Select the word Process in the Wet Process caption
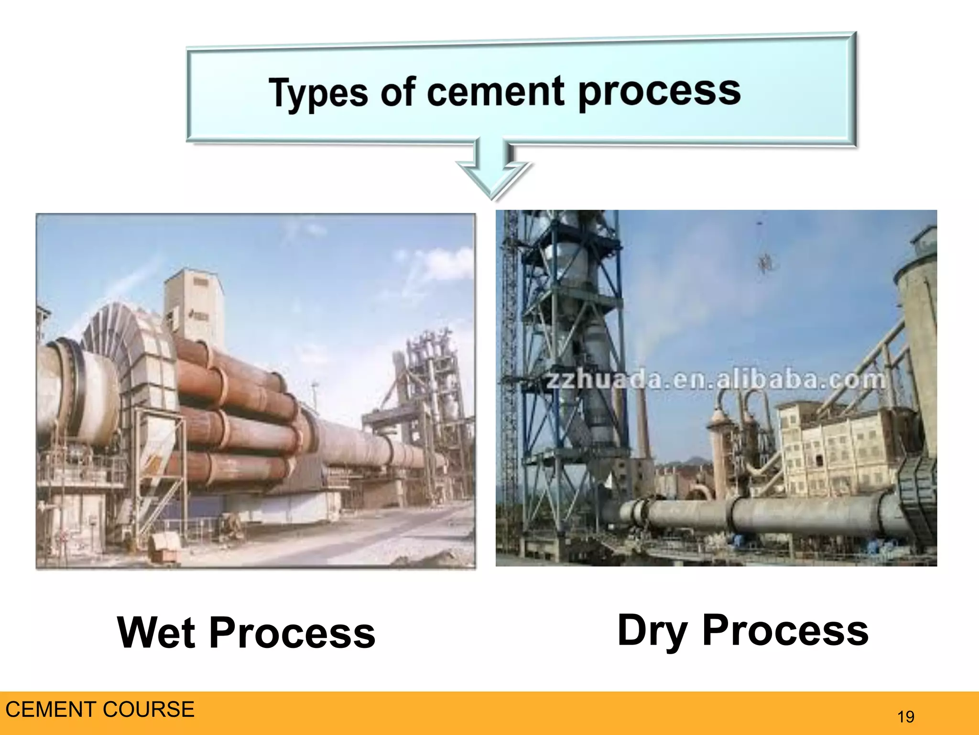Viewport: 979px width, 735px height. (292, 633)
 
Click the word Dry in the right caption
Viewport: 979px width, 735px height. (653, 631)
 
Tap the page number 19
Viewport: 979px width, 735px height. (905, 717)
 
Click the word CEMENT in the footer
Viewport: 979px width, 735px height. (50, 709)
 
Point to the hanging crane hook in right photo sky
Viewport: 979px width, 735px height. (764, 261)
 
